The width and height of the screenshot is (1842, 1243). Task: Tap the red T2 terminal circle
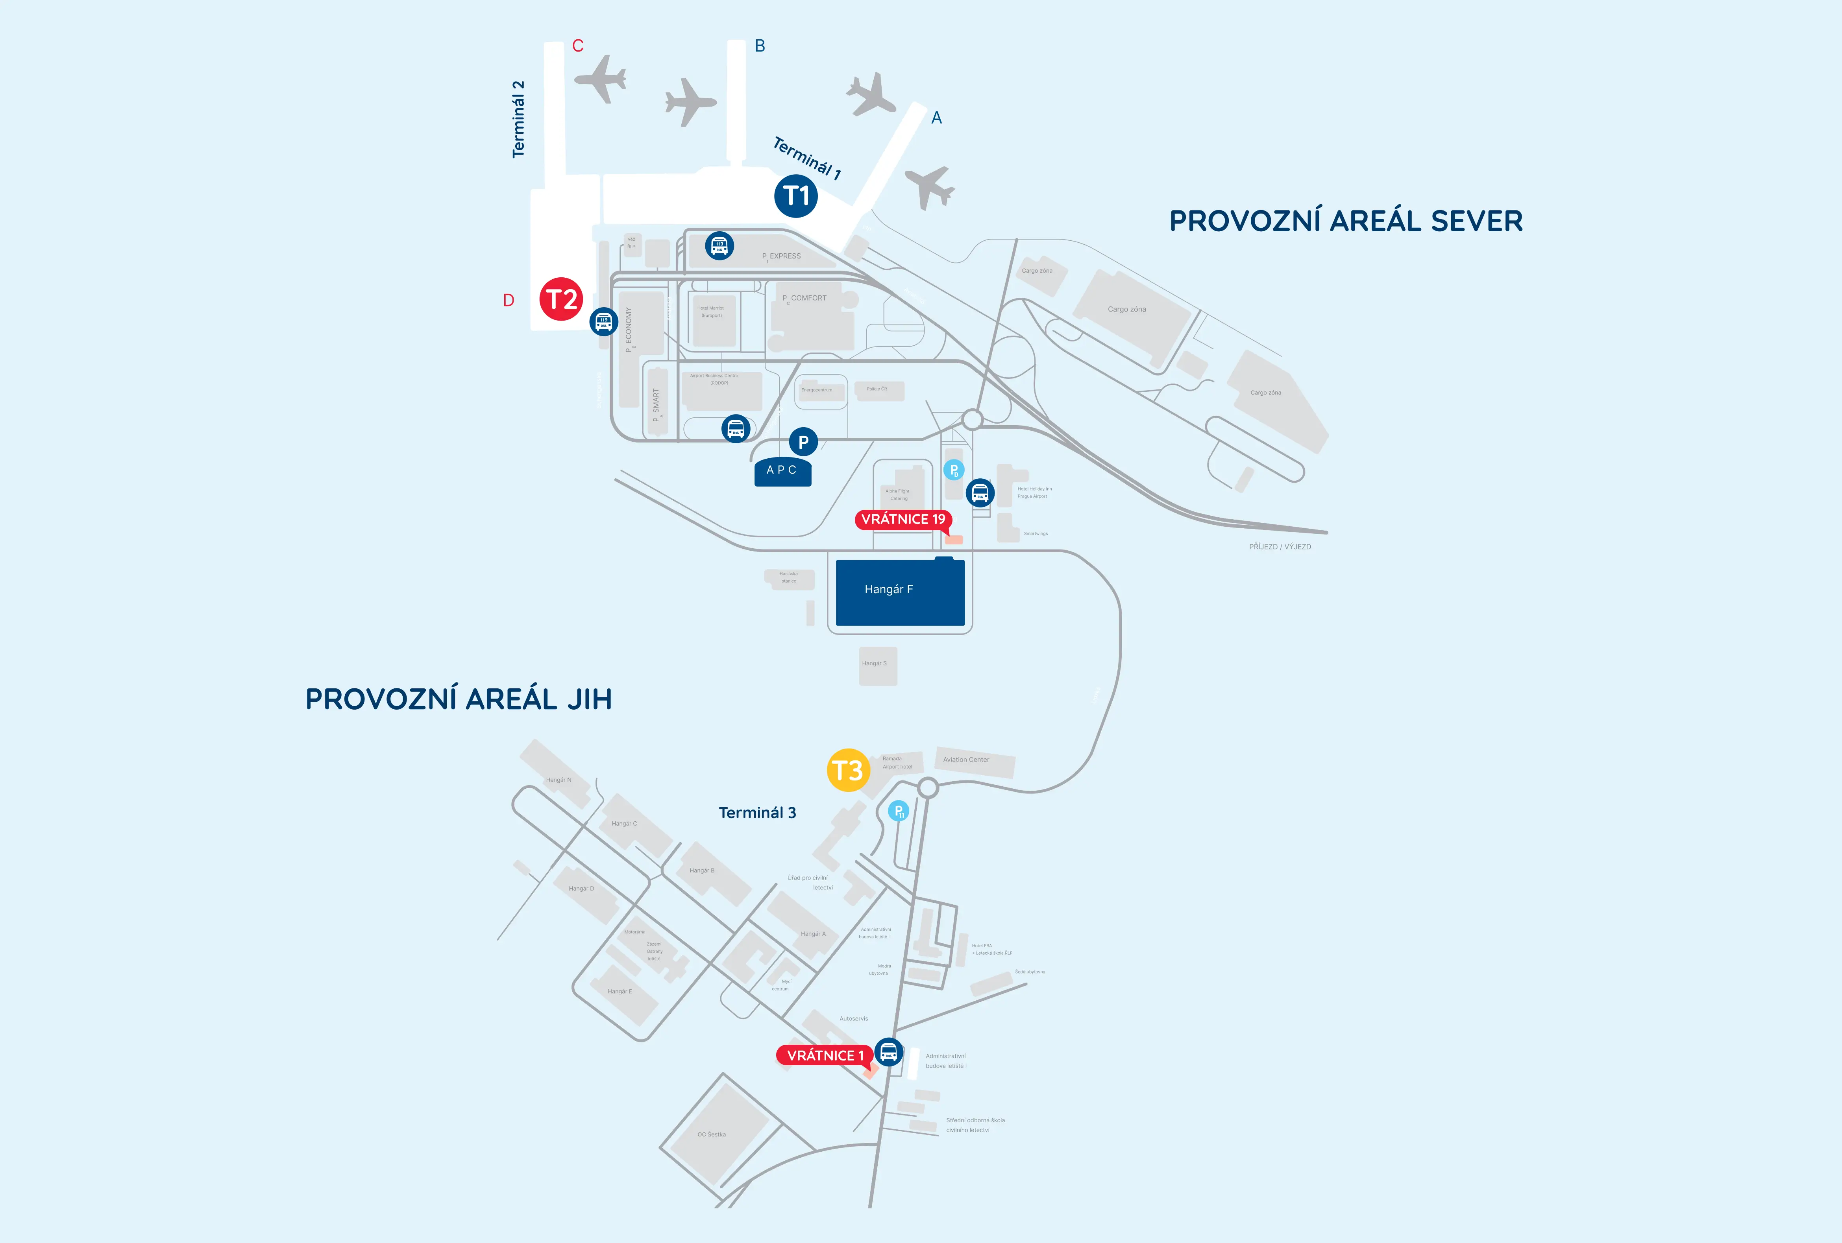click(561, 299)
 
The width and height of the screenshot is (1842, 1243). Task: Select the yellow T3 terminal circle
click(848, 770)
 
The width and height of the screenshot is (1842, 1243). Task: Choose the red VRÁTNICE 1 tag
click(824, 1055)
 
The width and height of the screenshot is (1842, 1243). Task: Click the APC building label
click(782, 470)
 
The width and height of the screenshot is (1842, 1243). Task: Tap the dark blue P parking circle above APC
click(803, 442)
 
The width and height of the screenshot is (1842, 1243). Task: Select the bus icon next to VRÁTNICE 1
click(888, 1052)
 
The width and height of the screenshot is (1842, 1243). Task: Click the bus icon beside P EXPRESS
click(719, 246)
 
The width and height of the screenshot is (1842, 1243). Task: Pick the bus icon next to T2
click(604, 322)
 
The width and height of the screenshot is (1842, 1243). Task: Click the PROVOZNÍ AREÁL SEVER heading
click(1346, 221)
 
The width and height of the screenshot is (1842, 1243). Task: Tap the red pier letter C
click(578, 46)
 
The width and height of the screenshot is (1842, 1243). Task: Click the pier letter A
click(936, 118)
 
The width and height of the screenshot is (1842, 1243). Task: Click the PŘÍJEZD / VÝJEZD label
click(1279, 547)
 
